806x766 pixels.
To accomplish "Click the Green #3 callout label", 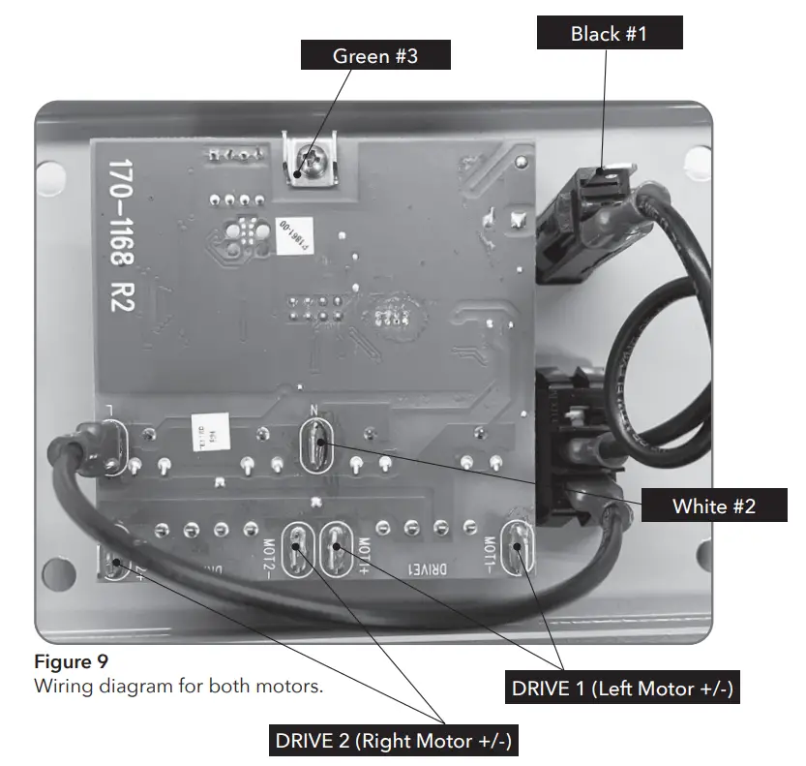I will (x=374, y=55).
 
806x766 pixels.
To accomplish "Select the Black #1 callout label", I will (x=609, y=34).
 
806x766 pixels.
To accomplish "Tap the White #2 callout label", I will (x=713, y=505).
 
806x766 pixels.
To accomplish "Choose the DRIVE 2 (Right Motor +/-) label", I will (x=393, y=742).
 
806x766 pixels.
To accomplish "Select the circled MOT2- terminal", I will (x=297, y=548).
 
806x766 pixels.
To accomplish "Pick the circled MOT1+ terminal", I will (x=336, y=548).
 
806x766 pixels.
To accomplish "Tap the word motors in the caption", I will (x=290, y=687).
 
